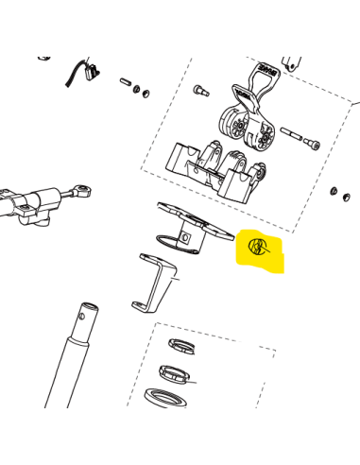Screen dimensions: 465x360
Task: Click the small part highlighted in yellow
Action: point(256,248)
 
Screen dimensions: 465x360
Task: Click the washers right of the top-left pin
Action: point(142,91)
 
